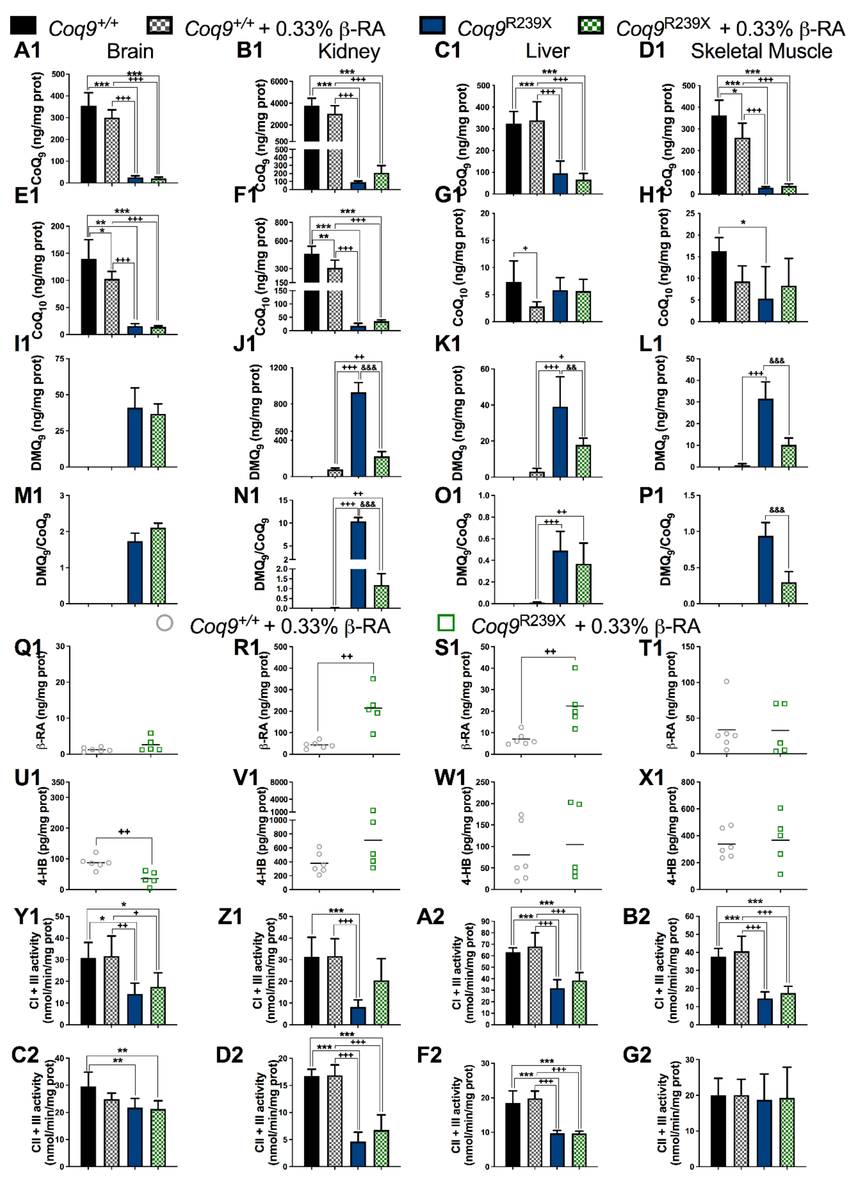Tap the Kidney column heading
(x=349, y=51)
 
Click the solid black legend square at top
(x=23, y=26)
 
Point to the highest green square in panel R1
(x=373, y=678)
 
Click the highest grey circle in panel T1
(x=726, y=681)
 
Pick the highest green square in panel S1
(x=575, y=668)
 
